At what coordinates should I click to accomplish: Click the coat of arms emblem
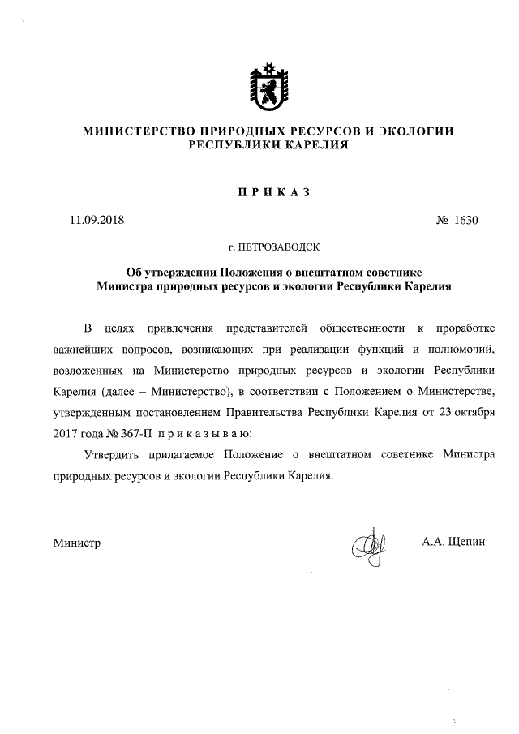point(268,85)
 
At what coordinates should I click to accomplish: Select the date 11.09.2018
point(97,219)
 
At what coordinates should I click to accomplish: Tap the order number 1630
point(466,219)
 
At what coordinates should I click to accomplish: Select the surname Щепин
point(465,541)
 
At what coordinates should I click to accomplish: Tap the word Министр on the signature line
point(77,542)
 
